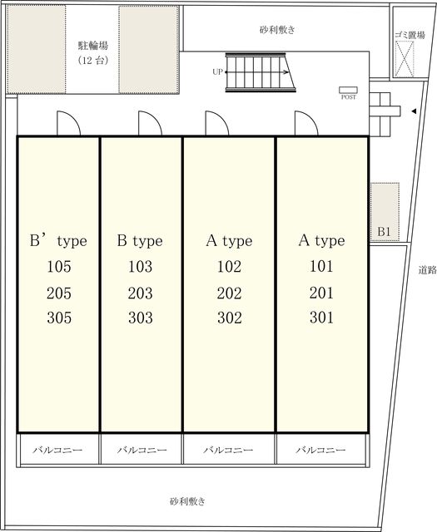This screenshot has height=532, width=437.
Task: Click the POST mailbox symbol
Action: click(x=348, y=90)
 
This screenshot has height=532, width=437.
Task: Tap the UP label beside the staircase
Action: click(x=217, y=72)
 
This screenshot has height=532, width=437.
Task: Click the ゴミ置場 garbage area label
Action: click(x=410, y=35)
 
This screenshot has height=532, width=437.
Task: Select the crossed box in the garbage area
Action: click(x=405, y=58)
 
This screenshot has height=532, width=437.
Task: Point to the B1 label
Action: click(x=384, y=232)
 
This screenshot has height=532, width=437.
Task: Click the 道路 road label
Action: click(x=427, y=270)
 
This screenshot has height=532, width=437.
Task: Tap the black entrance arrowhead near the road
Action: click(x=414, y=111)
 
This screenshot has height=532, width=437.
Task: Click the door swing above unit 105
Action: click(x=68, y=123)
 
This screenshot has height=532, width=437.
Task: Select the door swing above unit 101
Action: click(x=306, y=123)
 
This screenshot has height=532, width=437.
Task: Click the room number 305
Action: click(x=59, y=318)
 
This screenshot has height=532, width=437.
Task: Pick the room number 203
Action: click(x=141, y=293)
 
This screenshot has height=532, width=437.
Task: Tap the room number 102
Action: click(x=230, y=267)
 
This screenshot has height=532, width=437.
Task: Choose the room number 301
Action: click(x=321, y=318)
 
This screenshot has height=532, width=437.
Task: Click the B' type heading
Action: click(x=58, y=241)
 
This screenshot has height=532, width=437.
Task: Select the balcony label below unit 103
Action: click(x=142, y=450)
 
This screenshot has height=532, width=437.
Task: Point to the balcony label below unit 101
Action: click(x=320, y=450)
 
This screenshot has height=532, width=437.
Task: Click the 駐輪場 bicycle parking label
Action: click(x=93, y=45)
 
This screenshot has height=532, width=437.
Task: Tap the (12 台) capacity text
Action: click(x=93, y=61)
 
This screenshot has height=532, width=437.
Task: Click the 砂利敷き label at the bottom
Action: click(x=187, y=501)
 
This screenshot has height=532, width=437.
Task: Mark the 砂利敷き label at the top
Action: click(x=277, y=30)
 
